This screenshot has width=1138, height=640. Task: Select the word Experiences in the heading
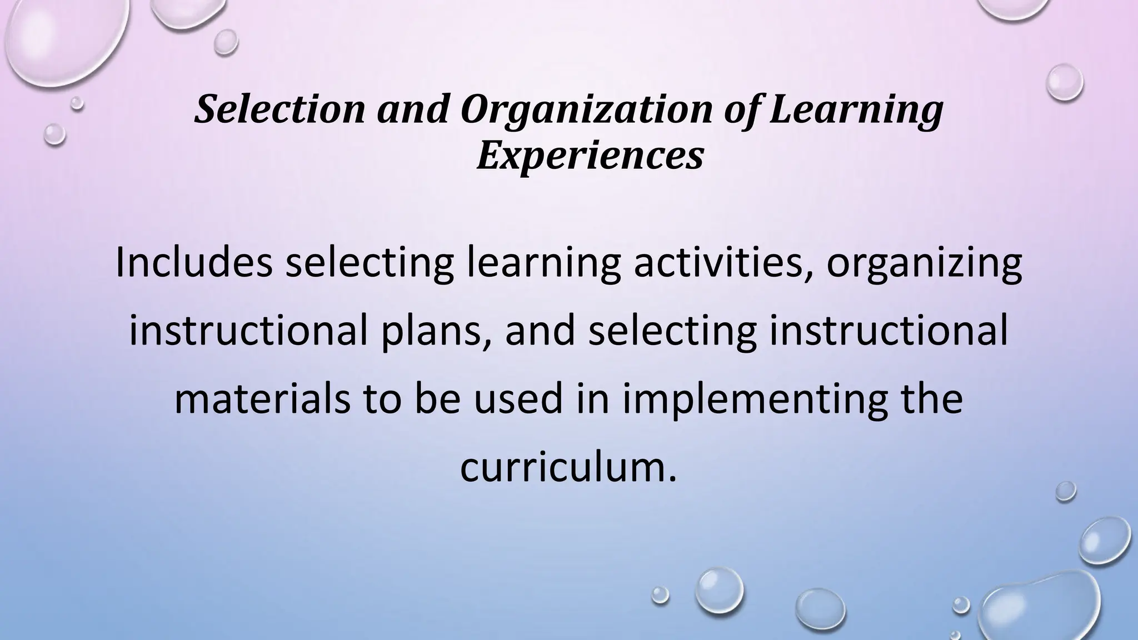coord(590,156)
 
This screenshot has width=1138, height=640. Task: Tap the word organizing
coord(924,264)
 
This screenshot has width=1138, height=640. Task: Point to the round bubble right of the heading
coord(1064,82)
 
